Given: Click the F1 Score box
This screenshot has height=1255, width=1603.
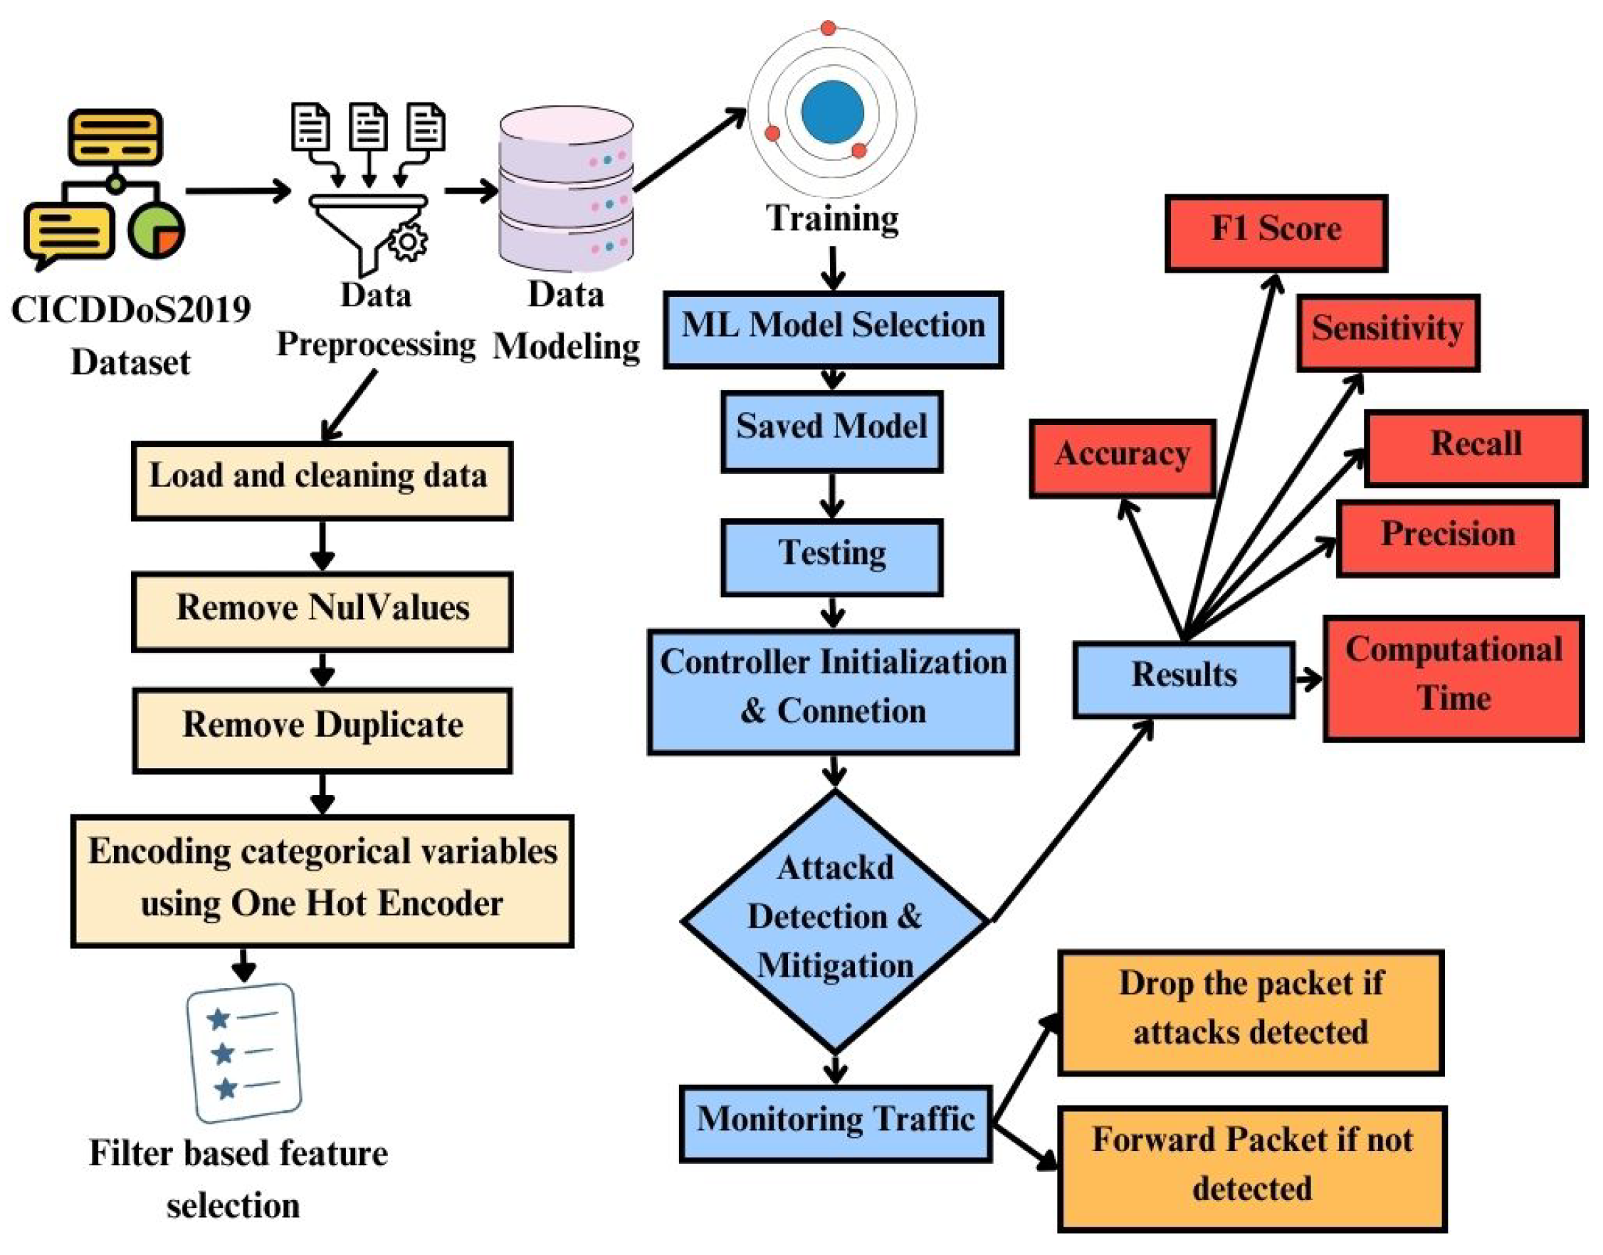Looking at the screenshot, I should [x=1276, y=233].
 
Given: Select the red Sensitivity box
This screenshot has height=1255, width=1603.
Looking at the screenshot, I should [x=1387, y=333].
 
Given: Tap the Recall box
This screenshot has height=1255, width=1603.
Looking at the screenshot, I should [x=1475, y=448].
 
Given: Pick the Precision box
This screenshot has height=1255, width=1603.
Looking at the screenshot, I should [x=1446, y=539].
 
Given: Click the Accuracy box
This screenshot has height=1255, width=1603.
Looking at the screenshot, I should [x=1122, y=458].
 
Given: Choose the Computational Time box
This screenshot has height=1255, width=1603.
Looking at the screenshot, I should [x=1452, y=678].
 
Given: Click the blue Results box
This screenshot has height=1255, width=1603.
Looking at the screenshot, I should [x=1183, y=679].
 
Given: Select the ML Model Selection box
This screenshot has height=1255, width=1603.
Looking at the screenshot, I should [x=832, y=329].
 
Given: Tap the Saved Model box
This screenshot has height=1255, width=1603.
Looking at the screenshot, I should [x=831, y=431].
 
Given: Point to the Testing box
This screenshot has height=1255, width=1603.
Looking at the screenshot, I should [x=831, y=557].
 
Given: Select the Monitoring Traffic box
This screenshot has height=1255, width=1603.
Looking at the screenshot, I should [x=835, y=1123].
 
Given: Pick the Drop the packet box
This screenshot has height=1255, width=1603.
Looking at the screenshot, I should [x=1250, y=1012].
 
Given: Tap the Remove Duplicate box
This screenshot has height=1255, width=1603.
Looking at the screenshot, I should [x=322, y=730].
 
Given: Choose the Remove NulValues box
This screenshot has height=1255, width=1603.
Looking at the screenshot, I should [x=322, y=611].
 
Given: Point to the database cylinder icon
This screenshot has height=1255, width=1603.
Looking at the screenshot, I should [x=566, y=189].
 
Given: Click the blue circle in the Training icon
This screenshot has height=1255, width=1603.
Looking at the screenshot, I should [x=831, y=112].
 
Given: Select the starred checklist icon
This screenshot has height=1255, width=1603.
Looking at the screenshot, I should [x=244, y=1052].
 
